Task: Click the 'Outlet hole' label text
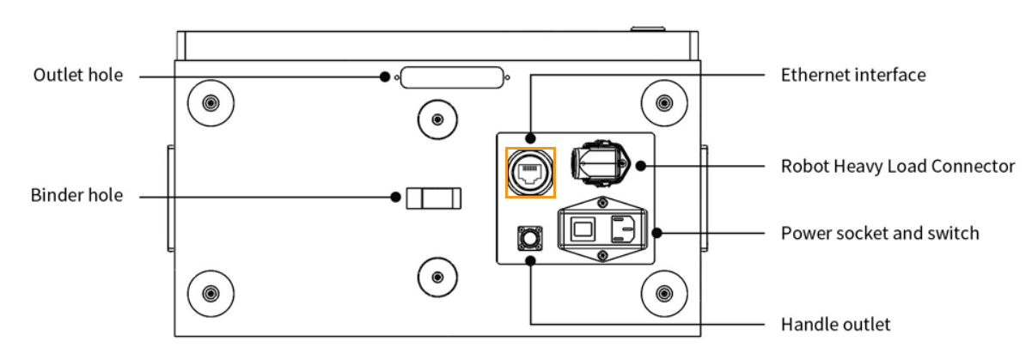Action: (77, 76)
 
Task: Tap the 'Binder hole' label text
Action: (76, 196)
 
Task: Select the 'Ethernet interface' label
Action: (852, 75)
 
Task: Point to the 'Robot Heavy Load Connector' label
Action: (897, 166)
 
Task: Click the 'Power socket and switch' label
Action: (879, 233)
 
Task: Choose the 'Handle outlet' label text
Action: (835, 325)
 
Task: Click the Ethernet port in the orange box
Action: (529, 173)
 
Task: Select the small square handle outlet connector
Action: (530, 238)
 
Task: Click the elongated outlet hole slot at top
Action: (452, 78)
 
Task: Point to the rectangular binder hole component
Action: (434, 198)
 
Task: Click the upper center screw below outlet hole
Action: (437, 119)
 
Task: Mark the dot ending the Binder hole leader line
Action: (395, 197)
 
